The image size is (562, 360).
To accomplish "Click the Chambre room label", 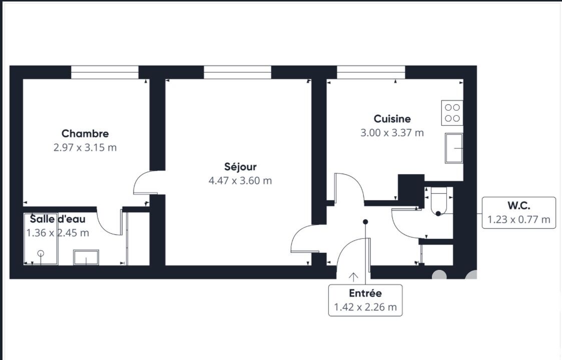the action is coord(85,134).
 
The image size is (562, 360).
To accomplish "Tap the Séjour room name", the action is coord(240,167).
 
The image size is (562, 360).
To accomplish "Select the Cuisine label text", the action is coord(392,119).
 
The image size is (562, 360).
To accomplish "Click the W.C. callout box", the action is coord(518,213).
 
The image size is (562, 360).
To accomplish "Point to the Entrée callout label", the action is coord(365,300).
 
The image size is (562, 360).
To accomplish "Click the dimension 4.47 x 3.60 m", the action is coord(240,181).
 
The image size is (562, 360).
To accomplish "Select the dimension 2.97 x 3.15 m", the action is coord(85,148).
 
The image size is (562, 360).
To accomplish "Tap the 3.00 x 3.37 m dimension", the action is coord(392,133).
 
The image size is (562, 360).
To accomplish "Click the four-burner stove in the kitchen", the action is coord(452,113).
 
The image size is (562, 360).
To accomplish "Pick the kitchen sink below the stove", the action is coord(454,148).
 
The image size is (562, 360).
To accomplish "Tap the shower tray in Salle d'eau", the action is coord(41,239).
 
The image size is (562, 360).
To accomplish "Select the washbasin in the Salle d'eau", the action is coord(86,257).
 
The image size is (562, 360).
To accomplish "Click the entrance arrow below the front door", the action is coord(353,277).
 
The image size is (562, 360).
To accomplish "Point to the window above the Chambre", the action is coord(105,72).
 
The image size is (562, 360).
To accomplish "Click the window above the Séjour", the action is coord(237,72).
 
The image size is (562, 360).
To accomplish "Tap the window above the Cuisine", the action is coord(371,72).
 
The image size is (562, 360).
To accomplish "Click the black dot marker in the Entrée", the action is coord(365,222).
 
